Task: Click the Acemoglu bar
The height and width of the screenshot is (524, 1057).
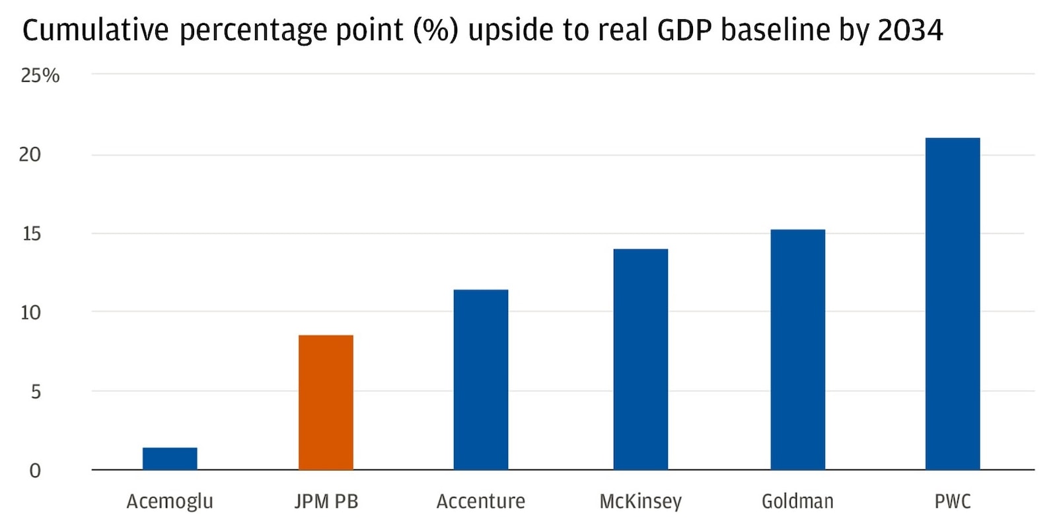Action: point(170,459)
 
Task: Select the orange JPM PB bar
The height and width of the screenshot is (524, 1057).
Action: point(326,403)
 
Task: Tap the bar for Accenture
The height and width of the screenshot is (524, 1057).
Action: point(481,379)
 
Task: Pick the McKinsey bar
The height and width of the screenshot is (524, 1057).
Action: point(640,360)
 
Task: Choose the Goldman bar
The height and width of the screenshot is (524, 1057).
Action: point(797,350)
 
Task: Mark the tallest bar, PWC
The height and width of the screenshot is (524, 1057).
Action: point(952,304)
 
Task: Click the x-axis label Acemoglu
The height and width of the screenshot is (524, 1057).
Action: point(170,502)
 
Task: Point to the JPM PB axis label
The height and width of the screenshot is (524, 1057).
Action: point(326,502)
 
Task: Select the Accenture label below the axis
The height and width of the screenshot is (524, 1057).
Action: point(481,502)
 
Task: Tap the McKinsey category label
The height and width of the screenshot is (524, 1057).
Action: point(640,502)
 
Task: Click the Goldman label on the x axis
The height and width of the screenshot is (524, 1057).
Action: point(797,502)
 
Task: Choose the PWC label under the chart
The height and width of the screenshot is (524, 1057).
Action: point(952,502)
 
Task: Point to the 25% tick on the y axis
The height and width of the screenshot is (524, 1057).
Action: point(40,76)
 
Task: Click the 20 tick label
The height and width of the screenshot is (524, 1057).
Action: point(30,154)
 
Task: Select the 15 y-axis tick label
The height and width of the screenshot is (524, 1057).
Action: point(31,234)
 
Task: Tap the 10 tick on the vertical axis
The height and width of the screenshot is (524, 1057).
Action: point(30,312)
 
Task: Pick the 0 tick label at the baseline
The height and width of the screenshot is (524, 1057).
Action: point(35,471)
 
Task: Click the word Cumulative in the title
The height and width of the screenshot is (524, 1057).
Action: point(96,30)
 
